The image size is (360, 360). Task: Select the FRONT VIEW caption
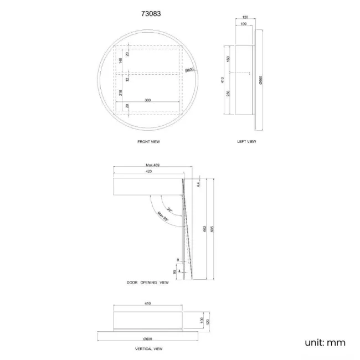coord(148,142)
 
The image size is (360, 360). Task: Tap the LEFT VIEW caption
coord(246,142)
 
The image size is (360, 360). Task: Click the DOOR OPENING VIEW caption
coord(147,282)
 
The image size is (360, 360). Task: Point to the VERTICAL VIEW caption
coord(149,349)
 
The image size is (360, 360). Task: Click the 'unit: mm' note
coord(325,342)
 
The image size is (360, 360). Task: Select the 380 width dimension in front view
coord(148,100)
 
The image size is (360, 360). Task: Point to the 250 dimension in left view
coord(227,94)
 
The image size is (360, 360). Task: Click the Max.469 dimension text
coord(153,165)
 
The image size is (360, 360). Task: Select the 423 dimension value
coord(148,172)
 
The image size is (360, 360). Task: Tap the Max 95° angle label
coord(162,217)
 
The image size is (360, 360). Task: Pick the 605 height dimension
coord(212,228)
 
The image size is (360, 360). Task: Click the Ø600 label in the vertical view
coord(147,338)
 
